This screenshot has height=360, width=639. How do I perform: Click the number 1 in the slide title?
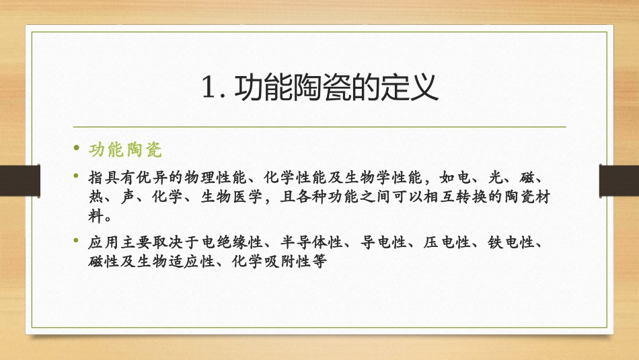coord(208,88)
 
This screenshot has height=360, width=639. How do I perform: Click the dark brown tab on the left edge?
coord(13,180)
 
